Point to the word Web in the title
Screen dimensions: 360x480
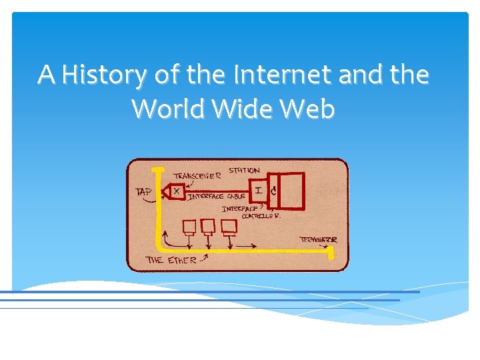(x=309, y=108)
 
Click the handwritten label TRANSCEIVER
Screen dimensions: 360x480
(x=197, y=175)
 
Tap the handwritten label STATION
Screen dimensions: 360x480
(x=244, y=171)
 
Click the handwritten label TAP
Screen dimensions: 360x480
(x=143, y=192)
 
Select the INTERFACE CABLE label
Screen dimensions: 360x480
(x=218, y=197)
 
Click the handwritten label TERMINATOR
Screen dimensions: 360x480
(x=318, y=239)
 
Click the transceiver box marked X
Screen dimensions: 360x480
(x=177, y=191)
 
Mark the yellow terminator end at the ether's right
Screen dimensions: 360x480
(x=331, y=252)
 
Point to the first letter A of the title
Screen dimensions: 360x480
(x=46, y=75)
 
